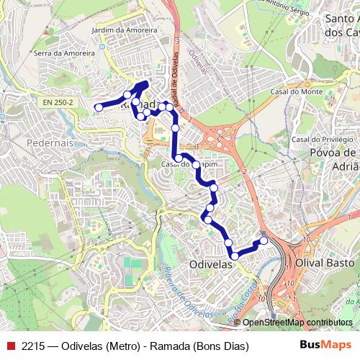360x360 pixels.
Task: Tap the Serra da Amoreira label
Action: coord(64,53)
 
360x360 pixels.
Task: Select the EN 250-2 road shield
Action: coord(58,103)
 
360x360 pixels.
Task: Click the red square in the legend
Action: coord(9,347)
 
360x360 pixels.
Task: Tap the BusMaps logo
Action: coord(325,346)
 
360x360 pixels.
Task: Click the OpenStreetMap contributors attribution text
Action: coord(297,322)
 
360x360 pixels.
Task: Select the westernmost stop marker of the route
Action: coord(99,108)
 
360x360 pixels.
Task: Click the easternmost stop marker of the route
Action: coord(264,240)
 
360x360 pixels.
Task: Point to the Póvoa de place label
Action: coord(333,153)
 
